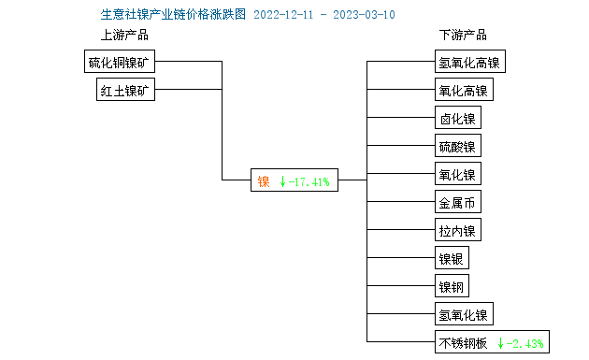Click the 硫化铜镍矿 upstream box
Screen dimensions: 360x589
click(120, 63)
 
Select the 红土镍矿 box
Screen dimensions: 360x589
click(126, 91)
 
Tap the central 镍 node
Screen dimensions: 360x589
click(264, 181)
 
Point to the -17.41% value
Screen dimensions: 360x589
click(309, 181)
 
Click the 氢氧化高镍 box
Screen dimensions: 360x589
click(468, 63)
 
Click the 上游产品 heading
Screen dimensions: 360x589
click(124, 36)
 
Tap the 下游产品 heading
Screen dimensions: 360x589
click(463, 36)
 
